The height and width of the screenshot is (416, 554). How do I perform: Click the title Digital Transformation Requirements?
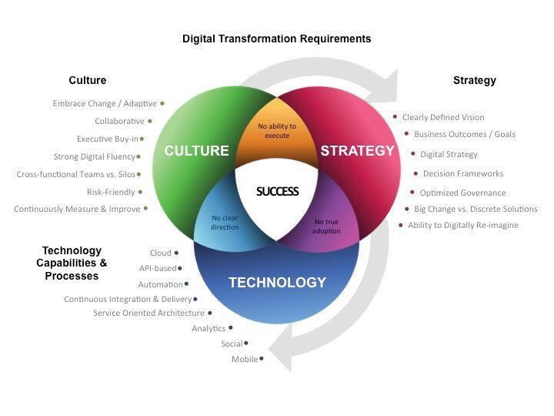tap(276, 39)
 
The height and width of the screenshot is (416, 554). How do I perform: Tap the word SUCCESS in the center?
tap(277, 191)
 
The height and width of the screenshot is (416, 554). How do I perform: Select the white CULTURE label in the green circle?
tap(197, 151)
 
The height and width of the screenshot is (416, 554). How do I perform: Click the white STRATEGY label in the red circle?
tap(357, 151)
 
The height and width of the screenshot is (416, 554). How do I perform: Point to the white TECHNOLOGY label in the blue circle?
tap(277, 283)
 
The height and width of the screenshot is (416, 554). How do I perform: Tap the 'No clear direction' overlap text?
tap(225, 223)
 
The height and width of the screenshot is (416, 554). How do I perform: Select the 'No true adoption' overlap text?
tap(327, 226)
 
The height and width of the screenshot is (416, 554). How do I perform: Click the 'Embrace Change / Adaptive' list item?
tap(105, 103)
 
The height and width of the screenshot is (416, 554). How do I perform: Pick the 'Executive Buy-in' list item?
tap(107, 139)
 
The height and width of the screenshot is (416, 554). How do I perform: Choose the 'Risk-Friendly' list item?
tap(111, 192)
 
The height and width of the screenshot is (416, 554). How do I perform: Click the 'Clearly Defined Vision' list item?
tap(443, 118)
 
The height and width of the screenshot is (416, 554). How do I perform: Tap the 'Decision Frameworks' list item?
tap(462, 174)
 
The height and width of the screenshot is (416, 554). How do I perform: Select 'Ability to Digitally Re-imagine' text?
tap(462, 226)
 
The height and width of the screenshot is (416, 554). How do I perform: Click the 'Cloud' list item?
tap(161, 253)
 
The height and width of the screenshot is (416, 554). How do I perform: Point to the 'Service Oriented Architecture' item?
tap(149, 314)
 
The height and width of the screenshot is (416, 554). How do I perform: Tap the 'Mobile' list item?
tap(245, 360)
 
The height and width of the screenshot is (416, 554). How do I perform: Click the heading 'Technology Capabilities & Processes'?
tap(72, 263)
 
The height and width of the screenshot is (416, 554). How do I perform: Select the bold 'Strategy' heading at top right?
tap(474, 80)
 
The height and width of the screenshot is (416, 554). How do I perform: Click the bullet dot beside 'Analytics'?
tap(231, 328)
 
